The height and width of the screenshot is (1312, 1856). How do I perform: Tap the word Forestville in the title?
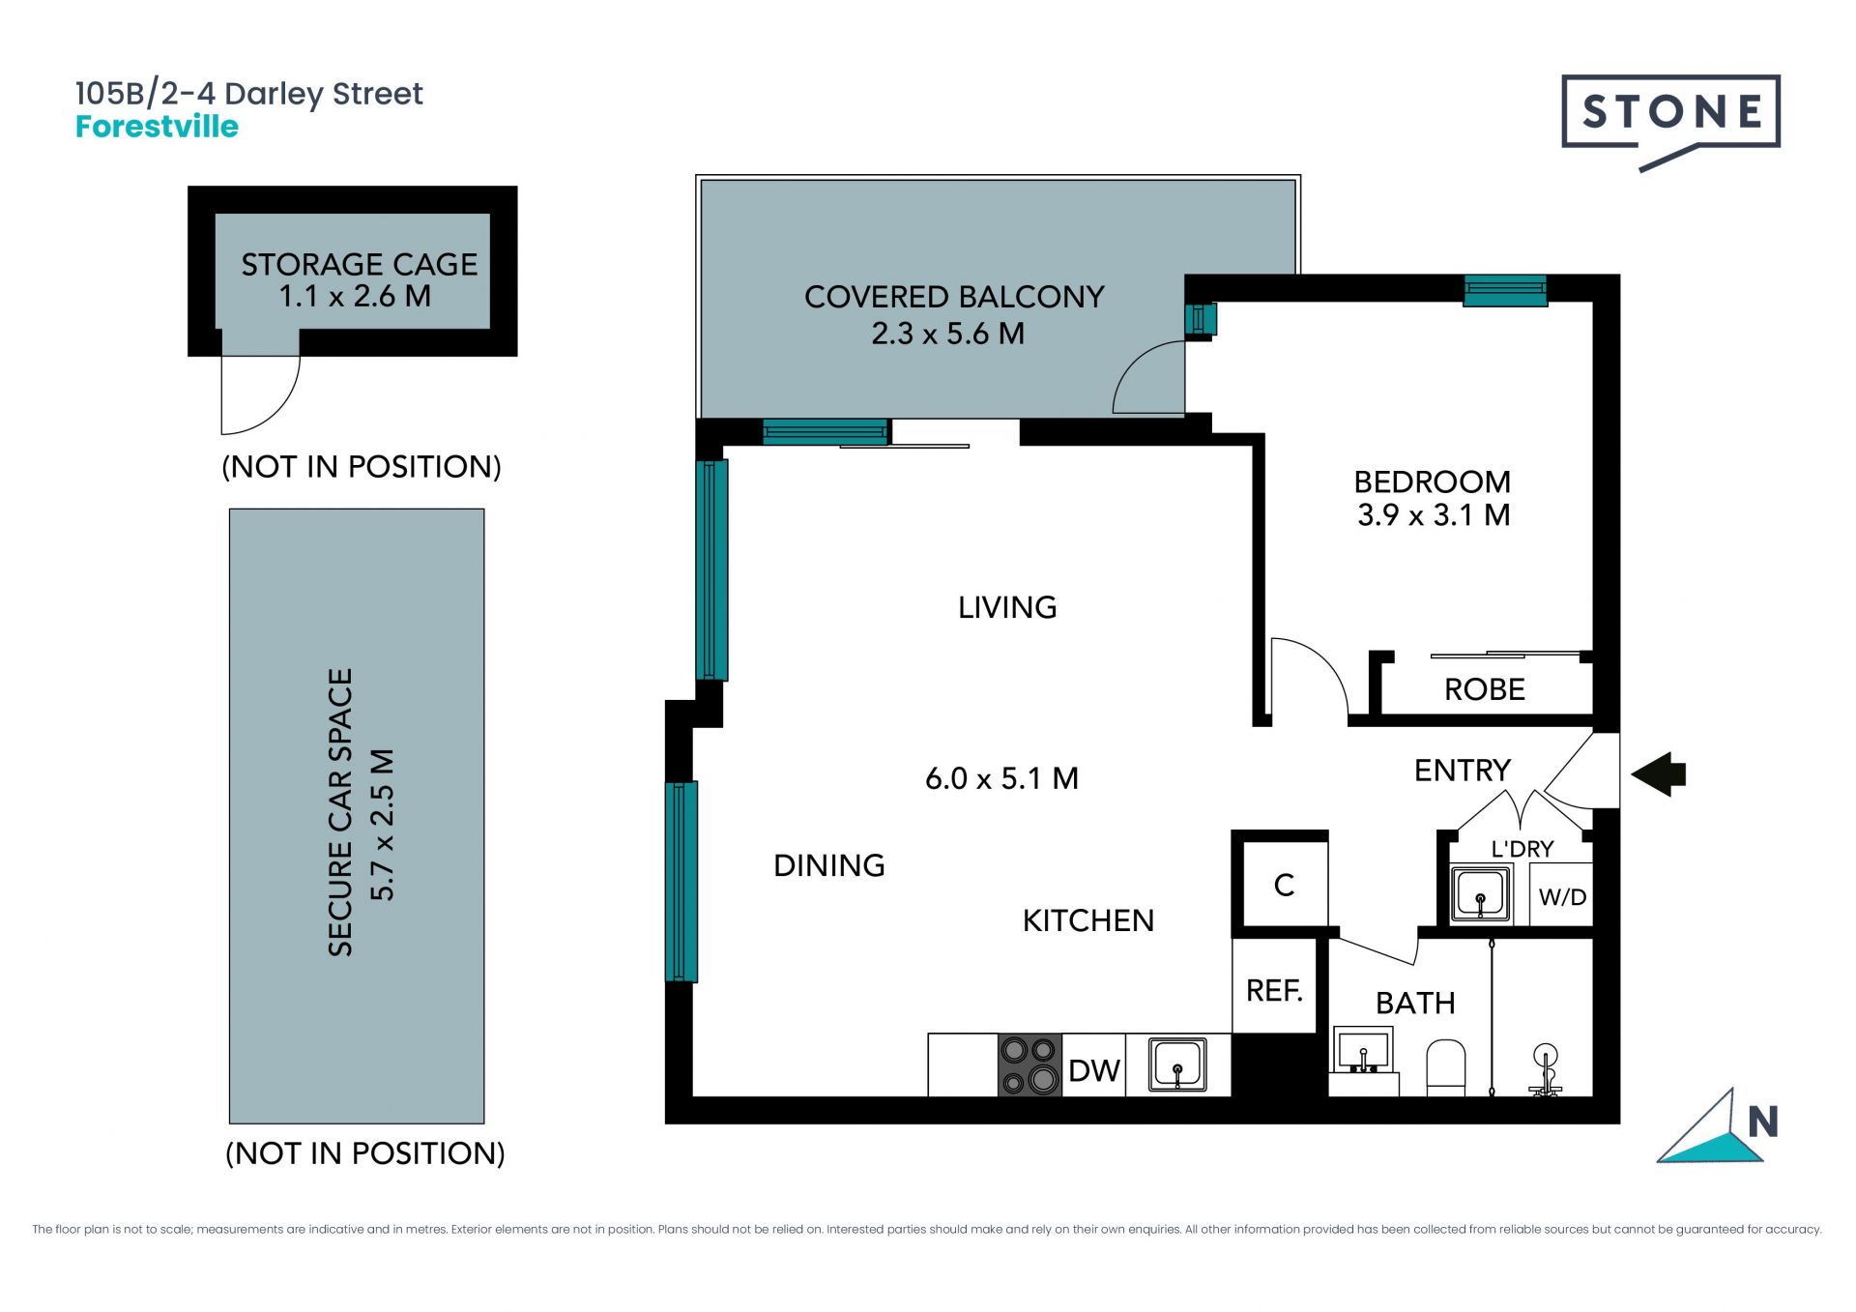pos(157,127)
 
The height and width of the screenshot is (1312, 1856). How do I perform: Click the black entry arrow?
pos(1658,773)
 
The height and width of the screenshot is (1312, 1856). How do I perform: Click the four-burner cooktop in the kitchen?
pos(1029,1064)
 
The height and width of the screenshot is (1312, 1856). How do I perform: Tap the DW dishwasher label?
pos(1093,1070)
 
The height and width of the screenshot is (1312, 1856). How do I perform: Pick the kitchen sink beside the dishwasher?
pos(1177,1064)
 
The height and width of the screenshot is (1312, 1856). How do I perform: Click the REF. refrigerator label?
pos(1274,990)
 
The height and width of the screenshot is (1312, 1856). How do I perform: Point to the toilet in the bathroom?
pos(1446,1067)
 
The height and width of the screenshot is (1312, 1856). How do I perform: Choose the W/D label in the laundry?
pos(1562,897)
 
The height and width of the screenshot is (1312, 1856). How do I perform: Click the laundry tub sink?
pos(1481,892)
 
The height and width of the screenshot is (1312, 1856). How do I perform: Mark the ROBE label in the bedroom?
pos(1485,689)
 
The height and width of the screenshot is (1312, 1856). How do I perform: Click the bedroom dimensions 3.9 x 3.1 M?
pos(1434,515)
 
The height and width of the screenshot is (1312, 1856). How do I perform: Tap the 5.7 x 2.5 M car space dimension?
pos(383,825)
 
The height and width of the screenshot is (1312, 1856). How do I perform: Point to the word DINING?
pos(829,865)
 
